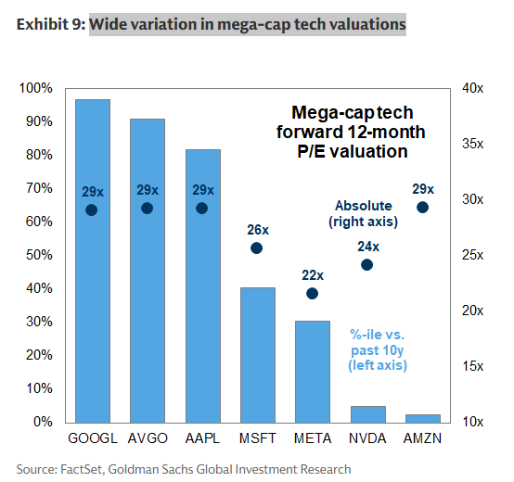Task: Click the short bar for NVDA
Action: point(367,413)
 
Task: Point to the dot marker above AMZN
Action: point(422,208)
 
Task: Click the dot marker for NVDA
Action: point(367,265)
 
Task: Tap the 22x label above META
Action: point(312,275)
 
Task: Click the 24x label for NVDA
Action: point(367,247)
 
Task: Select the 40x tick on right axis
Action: point(473,88)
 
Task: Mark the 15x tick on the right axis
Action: point(473,366)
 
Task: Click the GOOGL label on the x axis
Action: point(92,438)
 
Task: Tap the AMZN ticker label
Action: point(422,438)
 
